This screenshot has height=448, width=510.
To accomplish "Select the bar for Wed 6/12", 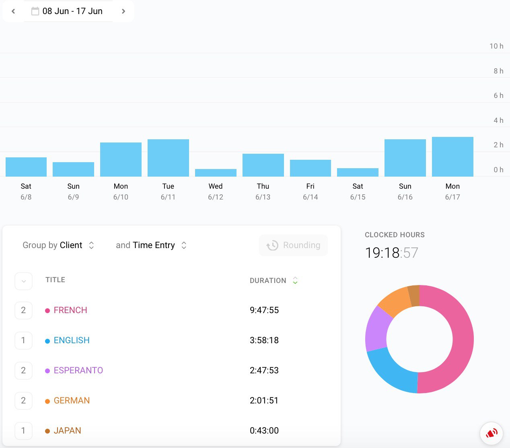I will (216, 173).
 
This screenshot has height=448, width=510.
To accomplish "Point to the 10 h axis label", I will (496, 46).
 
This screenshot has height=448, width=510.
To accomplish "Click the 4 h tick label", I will (498, 120).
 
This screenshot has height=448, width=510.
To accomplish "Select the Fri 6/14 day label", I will (310, 191).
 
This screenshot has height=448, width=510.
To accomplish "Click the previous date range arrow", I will (13, 11).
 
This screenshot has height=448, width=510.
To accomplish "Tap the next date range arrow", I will (123, 11).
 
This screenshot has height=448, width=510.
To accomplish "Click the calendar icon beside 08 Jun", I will (35, 11).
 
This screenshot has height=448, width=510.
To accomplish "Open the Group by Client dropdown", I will (58, 245).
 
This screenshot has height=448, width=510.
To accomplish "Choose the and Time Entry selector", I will (151, 245).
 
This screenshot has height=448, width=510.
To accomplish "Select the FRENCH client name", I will (70, 310).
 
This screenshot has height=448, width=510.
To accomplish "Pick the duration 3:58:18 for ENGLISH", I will (264, 340).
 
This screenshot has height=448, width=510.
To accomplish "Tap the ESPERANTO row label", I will (78, 371).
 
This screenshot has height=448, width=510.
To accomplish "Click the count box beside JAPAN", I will (23, 431).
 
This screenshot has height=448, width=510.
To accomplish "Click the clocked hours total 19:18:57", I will (391, 253).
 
